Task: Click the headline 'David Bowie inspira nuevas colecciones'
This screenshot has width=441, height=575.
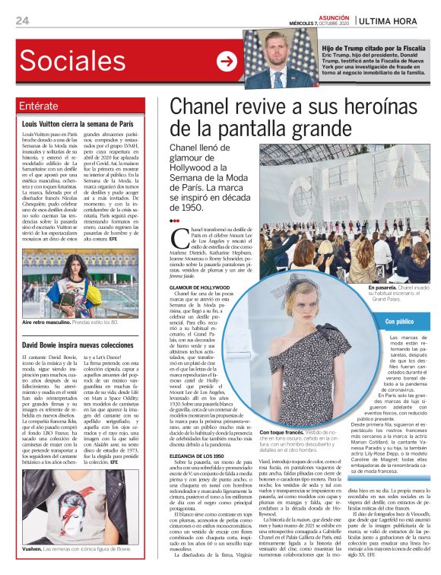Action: tap(78, 345)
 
